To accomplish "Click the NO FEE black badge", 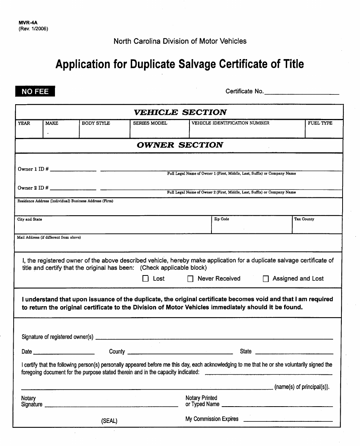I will coord(35,91).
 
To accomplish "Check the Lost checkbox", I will coord(146,279).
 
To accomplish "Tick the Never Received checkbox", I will coord(191,279).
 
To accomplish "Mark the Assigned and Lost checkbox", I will coord(266,279).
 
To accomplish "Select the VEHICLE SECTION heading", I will coord(180,112).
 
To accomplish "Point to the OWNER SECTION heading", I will coord(180,145).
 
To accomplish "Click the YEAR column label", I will coord(24,123).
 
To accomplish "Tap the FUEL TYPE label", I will coord(320,123).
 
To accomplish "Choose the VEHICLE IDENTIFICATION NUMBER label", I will coord(230,123).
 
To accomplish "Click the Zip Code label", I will coord(222,219).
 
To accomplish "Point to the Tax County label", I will coord(304,219).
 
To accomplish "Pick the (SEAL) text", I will coord(109,421).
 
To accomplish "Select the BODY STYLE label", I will coord(96,123).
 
